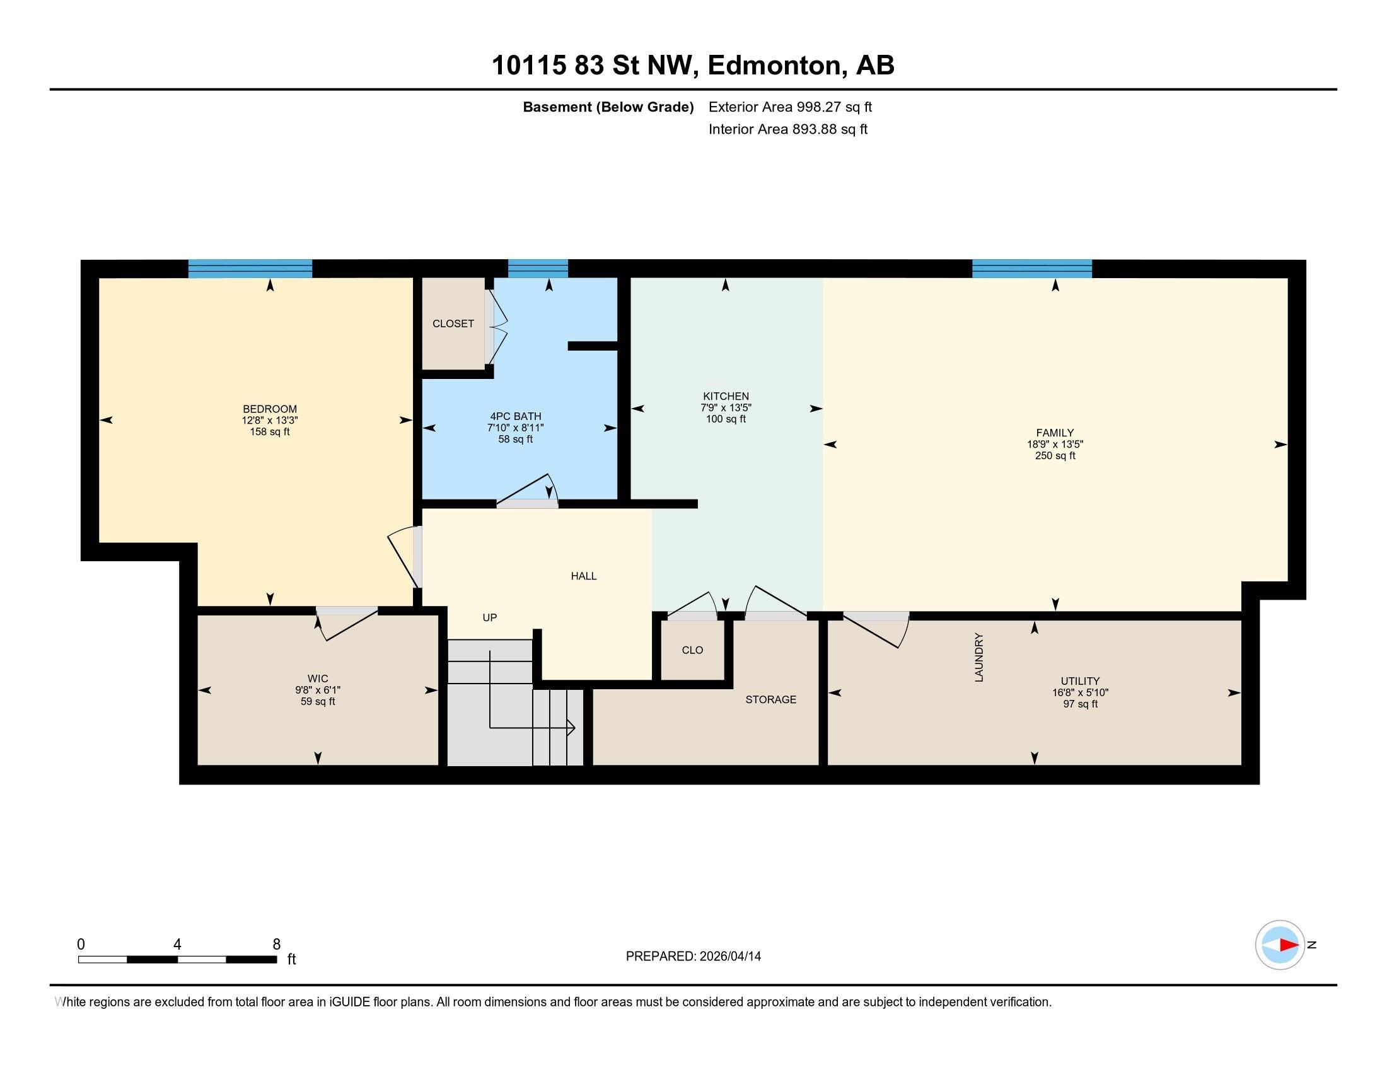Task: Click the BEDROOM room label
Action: (x=270, y=409)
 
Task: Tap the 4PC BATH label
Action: (x=516, y=417)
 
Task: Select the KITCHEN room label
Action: (x=726, y=396)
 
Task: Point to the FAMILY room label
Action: (x=1055, y=433)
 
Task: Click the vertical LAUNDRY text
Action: (x=978, y=657)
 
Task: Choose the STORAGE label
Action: (x=771, y=699)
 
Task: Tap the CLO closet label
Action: (x=692, y=650)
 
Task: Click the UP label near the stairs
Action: (x=490, y=617)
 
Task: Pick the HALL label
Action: (x=584, y=576)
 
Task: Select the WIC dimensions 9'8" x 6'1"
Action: (x=318, y=690)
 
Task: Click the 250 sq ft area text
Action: (x=1055, y=455)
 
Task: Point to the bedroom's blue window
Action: (x=250, y=269)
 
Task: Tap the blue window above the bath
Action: (x=538, y=269)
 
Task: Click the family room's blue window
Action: (x=1032, y=269)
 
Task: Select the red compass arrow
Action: (x=1289, y=945)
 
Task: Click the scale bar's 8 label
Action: (x=276, y=945)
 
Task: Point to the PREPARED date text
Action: (x=693, y=957)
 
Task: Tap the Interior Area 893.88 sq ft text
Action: (x=788, y=129)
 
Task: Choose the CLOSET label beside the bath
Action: (x=453, y=324)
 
